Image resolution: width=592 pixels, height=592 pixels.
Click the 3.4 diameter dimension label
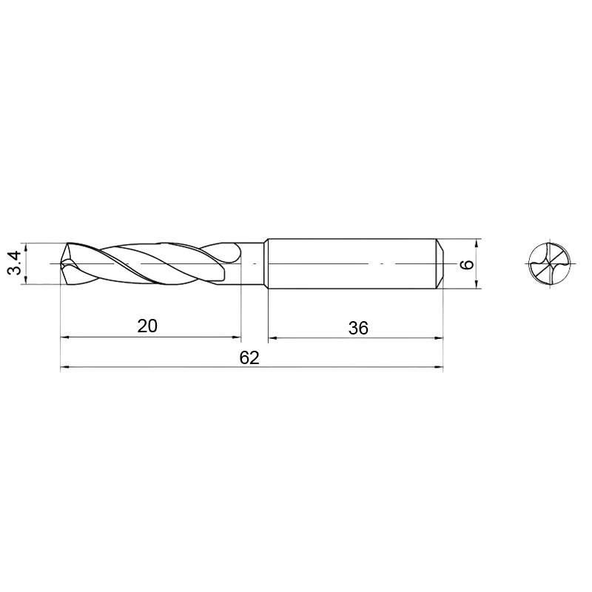click(14, 263)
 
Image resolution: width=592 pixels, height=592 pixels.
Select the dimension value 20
click(147, 326)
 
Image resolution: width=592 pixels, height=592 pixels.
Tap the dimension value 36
click(358, 328)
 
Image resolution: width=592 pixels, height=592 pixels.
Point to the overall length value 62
click(249, 357)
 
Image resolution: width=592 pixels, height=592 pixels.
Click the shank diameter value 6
click(467, 264)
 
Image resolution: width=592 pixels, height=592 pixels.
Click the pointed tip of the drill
click(61, 263)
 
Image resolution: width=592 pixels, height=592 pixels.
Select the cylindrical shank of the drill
click(355, 263)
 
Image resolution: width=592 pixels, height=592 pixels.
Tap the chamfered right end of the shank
click(440, 263)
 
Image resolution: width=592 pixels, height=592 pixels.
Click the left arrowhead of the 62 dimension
click(65, 366)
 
